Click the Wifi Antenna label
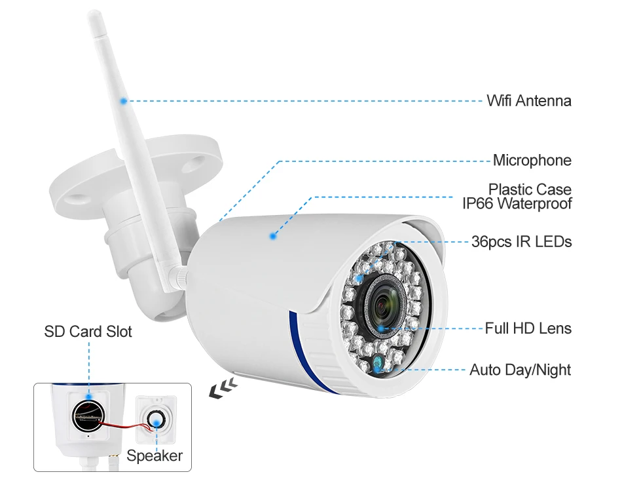[528, 101]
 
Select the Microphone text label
[532, 161]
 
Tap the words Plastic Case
[530, 189]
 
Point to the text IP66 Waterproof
[517, 204]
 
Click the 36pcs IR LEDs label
[521, 242]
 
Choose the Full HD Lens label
[528, 328]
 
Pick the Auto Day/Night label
[520, 370]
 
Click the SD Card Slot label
[88, 332]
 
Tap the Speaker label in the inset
[155, 456]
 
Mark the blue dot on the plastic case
[273, 235]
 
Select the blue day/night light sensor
[378, 362]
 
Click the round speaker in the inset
[156, 420]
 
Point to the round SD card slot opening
[88, 413]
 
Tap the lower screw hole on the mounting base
[82, 196]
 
